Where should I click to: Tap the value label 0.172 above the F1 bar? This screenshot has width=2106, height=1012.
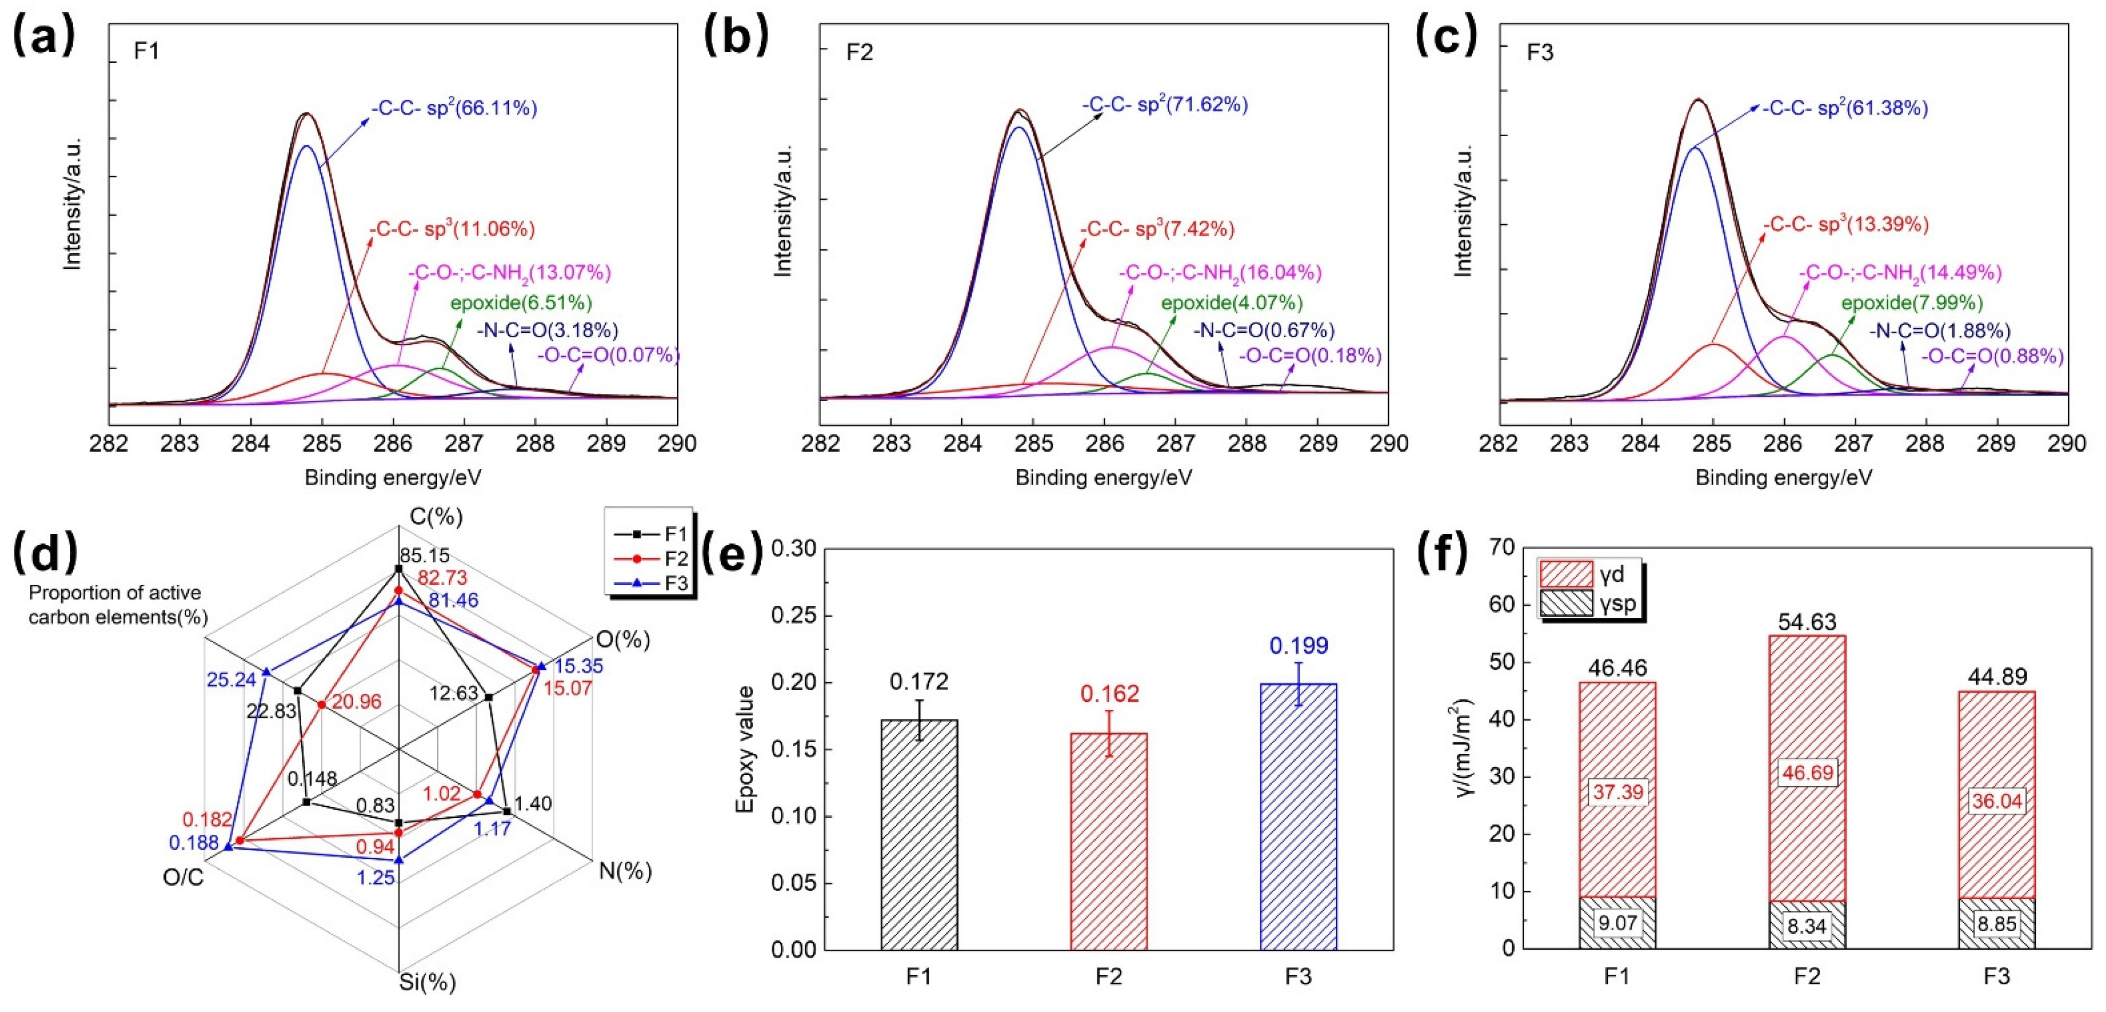click(919, 681)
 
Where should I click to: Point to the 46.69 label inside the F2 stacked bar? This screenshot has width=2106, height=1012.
click(1807, 773)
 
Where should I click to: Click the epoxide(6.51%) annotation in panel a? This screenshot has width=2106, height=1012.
click(521, 303)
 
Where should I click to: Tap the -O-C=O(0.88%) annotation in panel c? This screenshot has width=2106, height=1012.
click(1992, 356)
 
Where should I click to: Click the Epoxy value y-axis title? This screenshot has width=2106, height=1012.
click(745, 749)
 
